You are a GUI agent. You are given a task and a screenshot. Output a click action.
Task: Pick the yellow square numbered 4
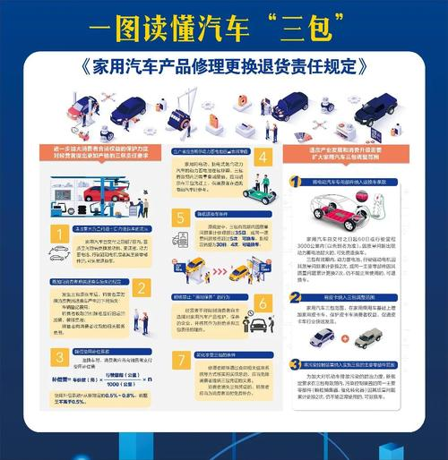tap(263, 158)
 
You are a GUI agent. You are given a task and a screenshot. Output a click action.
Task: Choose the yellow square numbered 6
tap(263, 302)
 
